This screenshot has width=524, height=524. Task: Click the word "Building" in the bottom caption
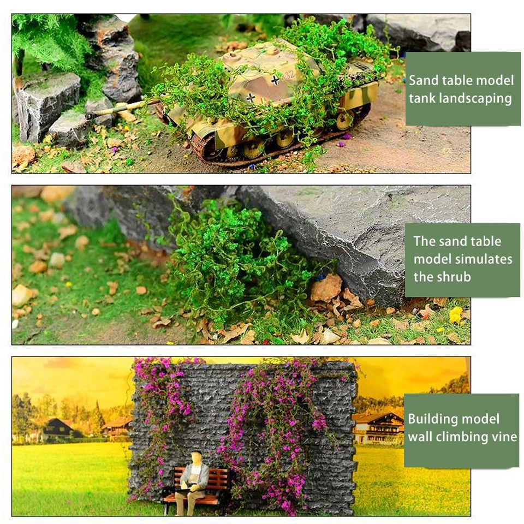click(434, 419)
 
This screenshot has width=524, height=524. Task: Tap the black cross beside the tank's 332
click(275, 80)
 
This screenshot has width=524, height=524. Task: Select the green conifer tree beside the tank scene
click(49, 38)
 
